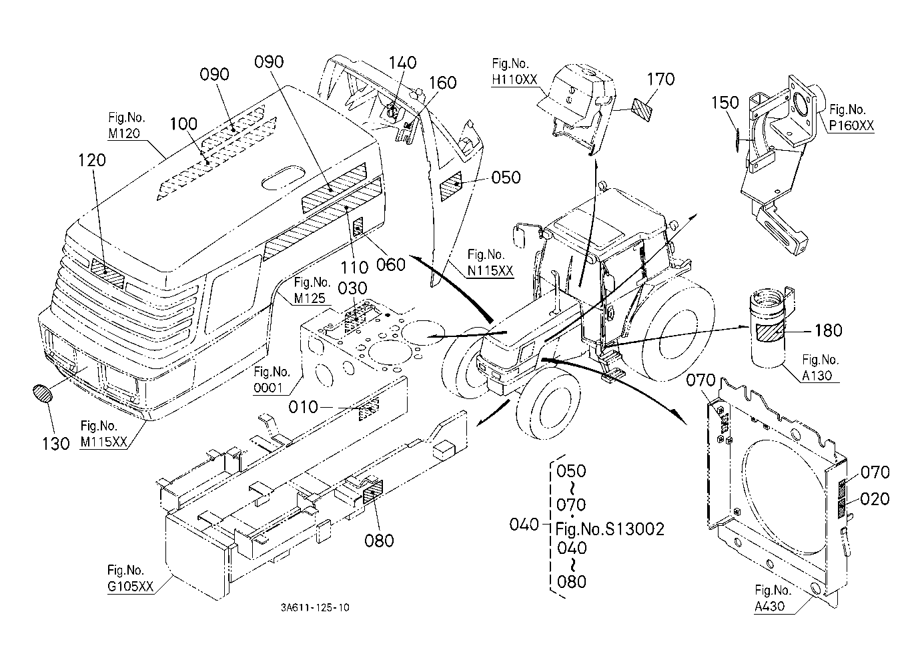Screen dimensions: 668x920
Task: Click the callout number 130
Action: (55, 443)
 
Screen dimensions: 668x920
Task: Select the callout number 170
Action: (660, 79)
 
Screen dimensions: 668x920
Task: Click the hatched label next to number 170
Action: (642, 107)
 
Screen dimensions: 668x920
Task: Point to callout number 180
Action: (828, 330)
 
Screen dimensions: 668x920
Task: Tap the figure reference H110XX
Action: (514, 79)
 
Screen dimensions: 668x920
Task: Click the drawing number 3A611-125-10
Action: (315, 607)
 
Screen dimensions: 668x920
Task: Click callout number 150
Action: (725, 103)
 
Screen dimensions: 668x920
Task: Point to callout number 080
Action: (379, 541)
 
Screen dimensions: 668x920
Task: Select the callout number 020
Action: (875, 499)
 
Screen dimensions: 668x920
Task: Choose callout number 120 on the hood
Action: (93, 160)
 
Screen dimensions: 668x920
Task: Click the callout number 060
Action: (390, 265)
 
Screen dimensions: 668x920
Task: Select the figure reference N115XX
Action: (490, 270)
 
